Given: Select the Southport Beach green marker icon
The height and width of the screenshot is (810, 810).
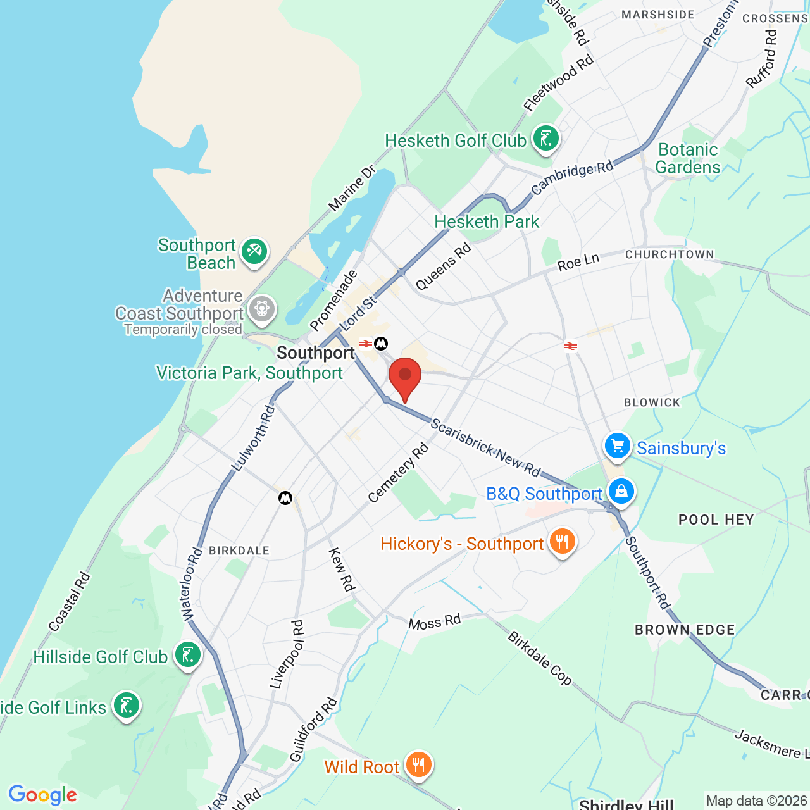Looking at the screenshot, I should click(x=254, y=251).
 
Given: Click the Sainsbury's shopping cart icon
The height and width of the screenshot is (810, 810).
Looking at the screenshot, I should click(x=617, y=445).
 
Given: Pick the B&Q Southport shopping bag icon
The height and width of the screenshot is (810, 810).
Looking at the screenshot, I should click(x=621, y=491).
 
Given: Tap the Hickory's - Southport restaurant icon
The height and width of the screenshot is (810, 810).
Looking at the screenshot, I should click(x=561, y=542).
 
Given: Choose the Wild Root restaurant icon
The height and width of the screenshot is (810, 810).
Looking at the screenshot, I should click(x=418, y=764).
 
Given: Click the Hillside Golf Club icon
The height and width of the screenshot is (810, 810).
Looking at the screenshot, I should click(x=188, y=655).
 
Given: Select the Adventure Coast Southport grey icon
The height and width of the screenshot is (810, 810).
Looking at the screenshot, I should click(x=261, y=309).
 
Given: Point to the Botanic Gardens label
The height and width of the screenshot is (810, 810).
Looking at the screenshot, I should click(x=688, y=158).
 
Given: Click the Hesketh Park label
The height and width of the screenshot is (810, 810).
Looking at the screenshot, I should click(x=487, y=221).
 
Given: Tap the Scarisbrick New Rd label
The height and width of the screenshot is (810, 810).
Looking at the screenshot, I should click(x=485, y=447).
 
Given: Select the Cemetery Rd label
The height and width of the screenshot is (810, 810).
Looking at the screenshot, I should click(x=398, y=473).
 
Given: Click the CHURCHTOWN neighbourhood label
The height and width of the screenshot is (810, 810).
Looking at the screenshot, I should click(x=670, y=254).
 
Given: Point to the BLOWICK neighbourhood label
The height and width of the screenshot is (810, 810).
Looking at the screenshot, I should click(x=652, y=402).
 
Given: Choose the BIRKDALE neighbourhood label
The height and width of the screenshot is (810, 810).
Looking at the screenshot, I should click(x=239, y=551).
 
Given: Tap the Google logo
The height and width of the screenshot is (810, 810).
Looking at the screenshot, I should click(x=42, y=795).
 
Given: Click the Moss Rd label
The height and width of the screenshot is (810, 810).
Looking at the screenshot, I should click(x=434, y=623).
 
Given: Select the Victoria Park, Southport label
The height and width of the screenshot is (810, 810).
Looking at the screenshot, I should click(x=249, y=373).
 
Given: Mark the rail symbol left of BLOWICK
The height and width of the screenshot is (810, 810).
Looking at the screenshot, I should click(x=570, y=346).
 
